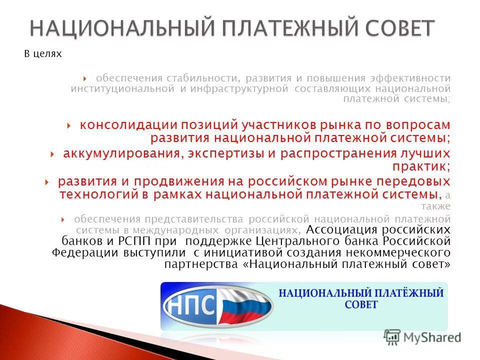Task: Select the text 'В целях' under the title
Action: [43, 54]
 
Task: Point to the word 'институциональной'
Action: [122, 88]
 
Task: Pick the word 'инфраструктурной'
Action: [241, 88]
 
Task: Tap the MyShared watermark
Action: [422, 337]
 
